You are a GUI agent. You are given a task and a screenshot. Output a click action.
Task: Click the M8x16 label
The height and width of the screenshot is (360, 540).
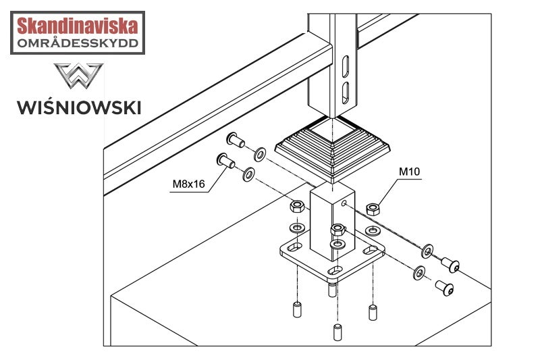pos(189,182)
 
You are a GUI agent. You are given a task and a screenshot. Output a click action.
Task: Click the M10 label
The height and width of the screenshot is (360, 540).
pos(410,172)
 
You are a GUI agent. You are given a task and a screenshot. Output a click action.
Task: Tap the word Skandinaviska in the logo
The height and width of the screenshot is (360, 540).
pos(78,27)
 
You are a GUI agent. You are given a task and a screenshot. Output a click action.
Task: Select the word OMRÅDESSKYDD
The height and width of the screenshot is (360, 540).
pos(78,44)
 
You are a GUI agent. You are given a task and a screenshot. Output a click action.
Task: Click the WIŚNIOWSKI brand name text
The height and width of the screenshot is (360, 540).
pos(79,107)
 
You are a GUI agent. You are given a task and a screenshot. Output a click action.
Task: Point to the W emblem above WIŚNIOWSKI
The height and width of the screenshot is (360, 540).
pos(78,78)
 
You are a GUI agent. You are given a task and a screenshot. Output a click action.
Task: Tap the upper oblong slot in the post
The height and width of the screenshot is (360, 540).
pos(345,68)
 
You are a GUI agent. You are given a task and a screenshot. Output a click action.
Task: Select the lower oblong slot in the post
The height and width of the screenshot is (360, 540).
pos(345,93)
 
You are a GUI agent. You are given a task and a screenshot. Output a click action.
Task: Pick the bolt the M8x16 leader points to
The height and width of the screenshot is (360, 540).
pos(224,161)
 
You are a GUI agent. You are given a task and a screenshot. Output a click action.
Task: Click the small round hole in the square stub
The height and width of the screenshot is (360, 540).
pos(344,203)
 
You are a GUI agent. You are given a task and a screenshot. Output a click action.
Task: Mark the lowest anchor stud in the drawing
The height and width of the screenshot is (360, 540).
pos(338,333)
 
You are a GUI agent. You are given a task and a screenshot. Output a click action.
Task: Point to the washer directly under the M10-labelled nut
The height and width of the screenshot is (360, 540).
pos(371,230)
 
